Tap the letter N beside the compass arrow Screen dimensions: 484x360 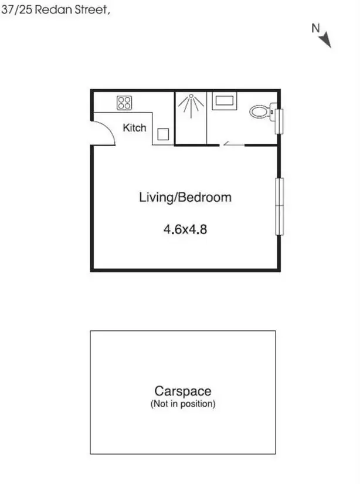click(x=315, y=27)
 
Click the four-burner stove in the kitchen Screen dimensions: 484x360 click(x=124, y=103)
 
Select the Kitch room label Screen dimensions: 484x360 click(x=134, y=128)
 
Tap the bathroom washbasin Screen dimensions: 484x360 click(x=224, y=101)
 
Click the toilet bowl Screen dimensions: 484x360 click(x=259, y=111)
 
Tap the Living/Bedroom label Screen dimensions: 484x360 click(x=185, y=197)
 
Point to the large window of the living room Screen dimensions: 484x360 click(x=280, y=206)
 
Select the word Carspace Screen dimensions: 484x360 click(x=182, y=391)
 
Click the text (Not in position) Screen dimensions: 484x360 click(x=182, y=404)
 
